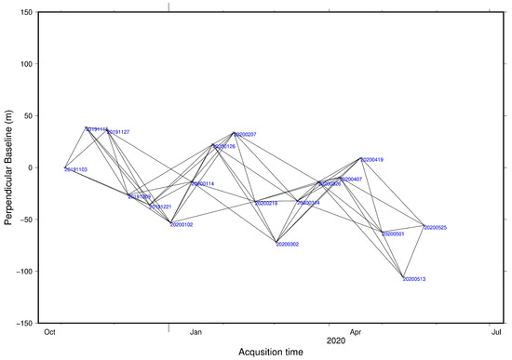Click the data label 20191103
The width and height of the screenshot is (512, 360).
(76, 170)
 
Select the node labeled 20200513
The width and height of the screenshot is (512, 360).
(402, 277)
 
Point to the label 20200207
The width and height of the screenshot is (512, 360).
(245, 135)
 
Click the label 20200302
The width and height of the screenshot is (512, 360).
(288, 245)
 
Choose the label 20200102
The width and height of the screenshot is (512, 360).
(182, 225)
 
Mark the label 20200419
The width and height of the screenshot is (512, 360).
(372, 160)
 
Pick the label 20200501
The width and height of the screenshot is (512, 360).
(393, 234)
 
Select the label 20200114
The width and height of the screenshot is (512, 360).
(203, 184)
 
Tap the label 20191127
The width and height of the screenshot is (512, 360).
(118, 132)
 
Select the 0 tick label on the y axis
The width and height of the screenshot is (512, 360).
(33, 168)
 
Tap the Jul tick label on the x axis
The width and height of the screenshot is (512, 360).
(492, 331)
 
